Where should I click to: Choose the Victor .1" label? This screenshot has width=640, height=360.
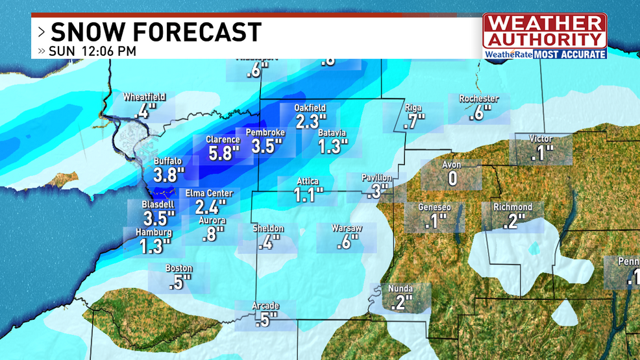click(541, 149)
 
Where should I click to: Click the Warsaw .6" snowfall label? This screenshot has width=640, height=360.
click(346, 237)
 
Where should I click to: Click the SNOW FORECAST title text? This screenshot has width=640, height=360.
click(156, 31)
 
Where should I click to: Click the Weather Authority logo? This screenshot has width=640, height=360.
click(545, 36)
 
